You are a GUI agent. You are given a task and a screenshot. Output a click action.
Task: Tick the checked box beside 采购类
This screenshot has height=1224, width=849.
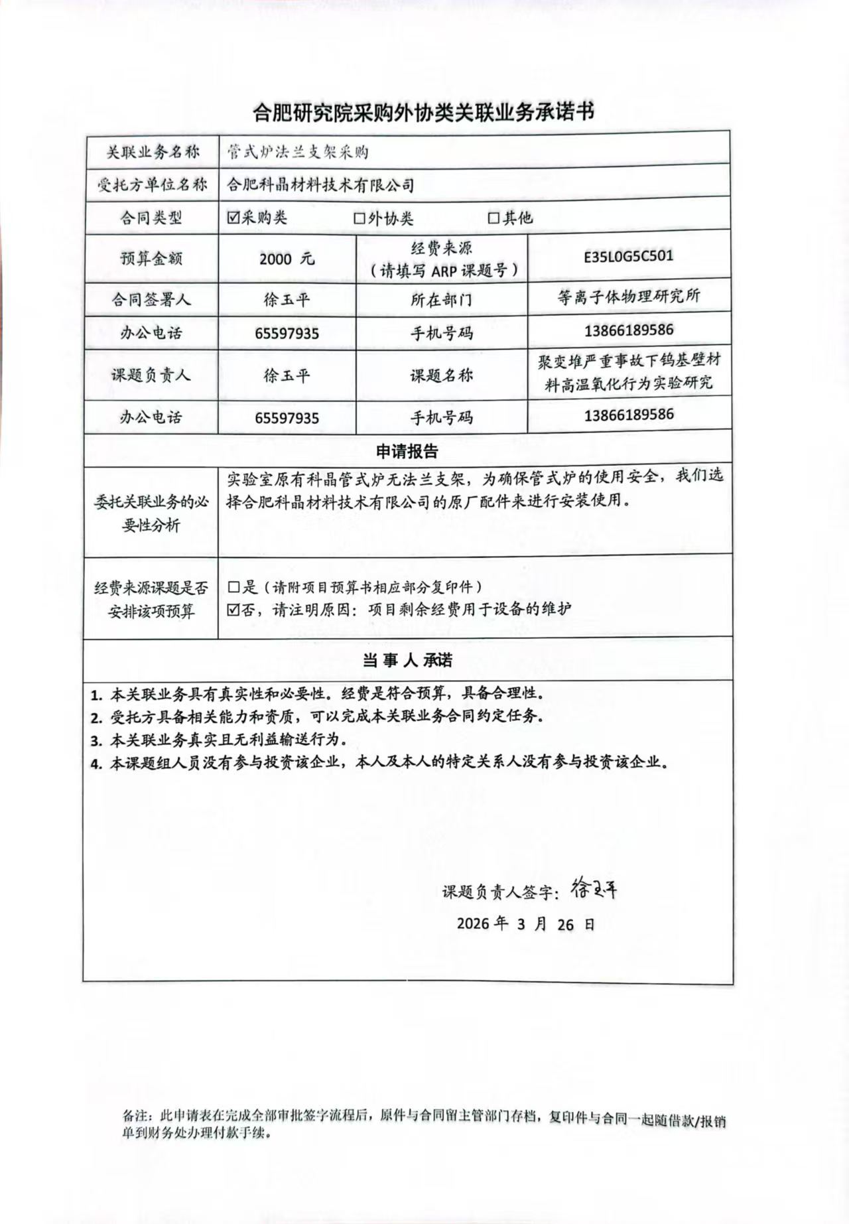click(233, 218)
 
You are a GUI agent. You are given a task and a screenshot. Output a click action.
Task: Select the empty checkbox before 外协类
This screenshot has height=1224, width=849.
click(359, 218)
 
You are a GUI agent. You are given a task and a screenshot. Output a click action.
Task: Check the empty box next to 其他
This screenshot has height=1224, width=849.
click(493, 218)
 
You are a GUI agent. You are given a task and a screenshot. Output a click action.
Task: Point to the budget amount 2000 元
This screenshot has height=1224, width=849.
click(287, 259)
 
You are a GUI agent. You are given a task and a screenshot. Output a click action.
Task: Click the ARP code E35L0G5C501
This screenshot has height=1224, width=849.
click(628, 256)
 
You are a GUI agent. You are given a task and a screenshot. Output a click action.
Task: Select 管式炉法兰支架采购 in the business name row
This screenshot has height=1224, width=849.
click(298, 152)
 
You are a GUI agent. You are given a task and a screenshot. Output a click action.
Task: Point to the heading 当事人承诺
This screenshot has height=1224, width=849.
click(407, 660)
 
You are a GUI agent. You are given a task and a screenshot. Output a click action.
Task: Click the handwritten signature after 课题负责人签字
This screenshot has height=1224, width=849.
click(593, 888)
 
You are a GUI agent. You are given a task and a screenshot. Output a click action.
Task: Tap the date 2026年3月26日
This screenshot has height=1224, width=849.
click(525, 923)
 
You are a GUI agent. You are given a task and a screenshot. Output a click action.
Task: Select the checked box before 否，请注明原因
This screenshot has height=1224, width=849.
click(233, 609)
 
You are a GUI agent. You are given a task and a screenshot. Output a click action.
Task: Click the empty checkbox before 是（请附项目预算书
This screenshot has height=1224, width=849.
click(233, 586)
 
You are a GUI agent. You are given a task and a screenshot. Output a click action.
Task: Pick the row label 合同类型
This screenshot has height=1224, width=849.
click(151, 218)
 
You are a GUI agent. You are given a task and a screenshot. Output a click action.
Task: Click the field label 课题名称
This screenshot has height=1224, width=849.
click(441, 375)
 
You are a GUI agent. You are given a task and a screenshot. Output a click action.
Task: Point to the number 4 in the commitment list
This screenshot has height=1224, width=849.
click(96, 763)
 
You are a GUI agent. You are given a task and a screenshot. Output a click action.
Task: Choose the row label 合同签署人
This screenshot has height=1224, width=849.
click(151, 300)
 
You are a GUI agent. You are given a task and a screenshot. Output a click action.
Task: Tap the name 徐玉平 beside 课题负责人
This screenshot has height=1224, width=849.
click(287, 375)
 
